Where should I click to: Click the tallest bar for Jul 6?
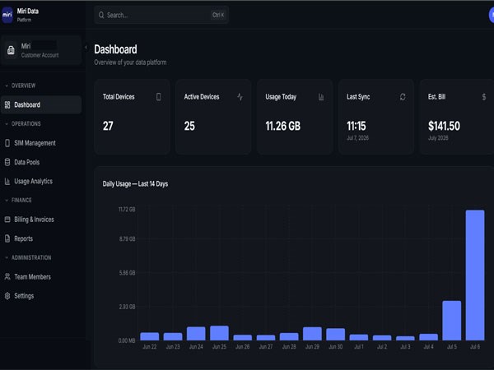475,275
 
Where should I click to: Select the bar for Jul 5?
452,321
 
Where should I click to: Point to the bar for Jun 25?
219,333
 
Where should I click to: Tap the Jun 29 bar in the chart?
312,334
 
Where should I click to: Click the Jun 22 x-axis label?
150,347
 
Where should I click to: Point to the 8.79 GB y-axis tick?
128,238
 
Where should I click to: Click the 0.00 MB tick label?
127,340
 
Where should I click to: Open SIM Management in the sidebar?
35,143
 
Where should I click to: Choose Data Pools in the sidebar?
27,162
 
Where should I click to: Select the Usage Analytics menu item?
34,182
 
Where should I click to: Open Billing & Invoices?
34,220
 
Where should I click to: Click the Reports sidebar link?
23,238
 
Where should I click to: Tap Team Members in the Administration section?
32,277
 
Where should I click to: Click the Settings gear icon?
7,296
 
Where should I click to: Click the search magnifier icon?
101,15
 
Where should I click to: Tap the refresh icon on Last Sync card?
403,97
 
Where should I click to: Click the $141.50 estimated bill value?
444,126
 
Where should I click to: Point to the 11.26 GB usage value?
283,126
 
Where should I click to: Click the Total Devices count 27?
108,126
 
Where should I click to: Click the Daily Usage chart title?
135,184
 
